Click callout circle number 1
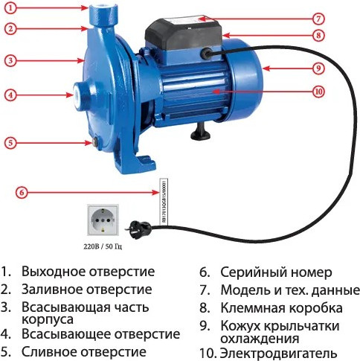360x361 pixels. point(11,7)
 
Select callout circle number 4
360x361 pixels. point(11,95)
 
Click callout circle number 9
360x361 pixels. point(318,68)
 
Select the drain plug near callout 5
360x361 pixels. point(94,141)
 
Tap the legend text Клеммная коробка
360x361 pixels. point(281,307)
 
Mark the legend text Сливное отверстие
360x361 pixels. point(84,351)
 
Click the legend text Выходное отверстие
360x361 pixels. point(88,272)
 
